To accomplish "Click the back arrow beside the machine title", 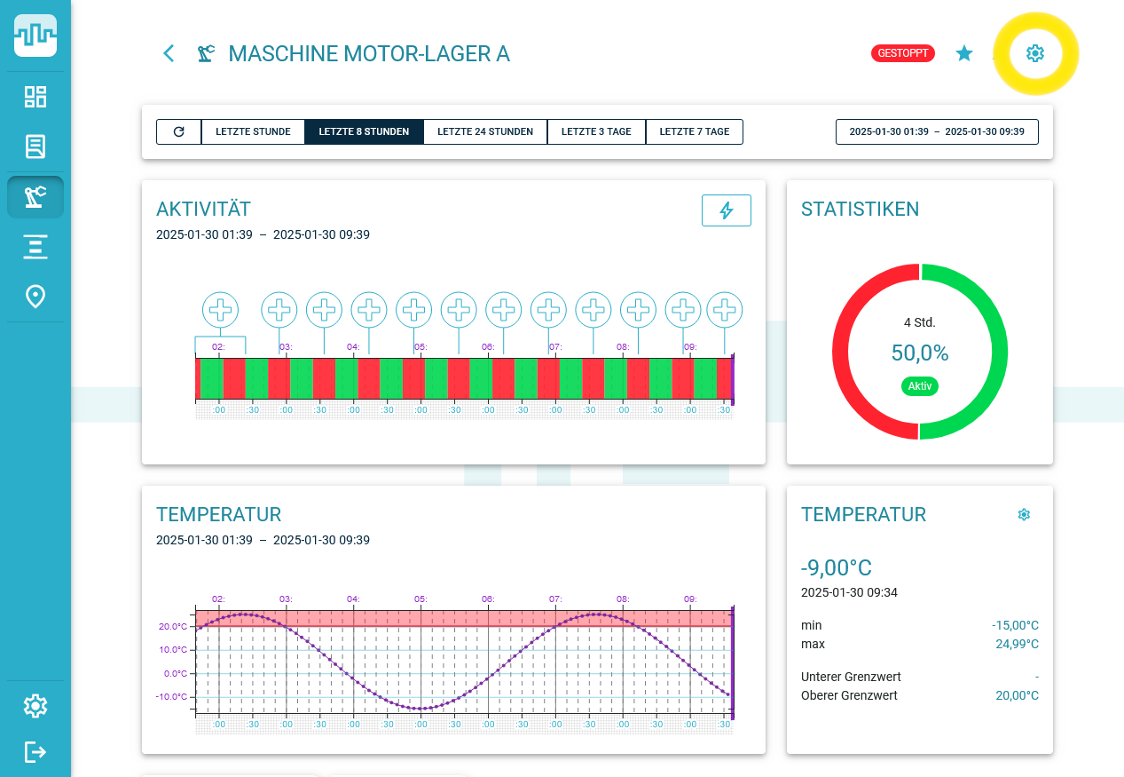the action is click(169, 53).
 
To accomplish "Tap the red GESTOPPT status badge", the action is click(903, 53).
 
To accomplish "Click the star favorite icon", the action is click(964, 53).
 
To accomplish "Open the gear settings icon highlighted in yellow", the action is click(1035, 53).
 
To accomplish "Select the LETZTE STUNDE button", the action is click(253, 131).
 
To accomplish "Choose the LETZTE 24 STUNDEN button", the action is click(485, 131).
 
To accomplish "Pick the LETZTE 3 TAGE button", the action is click(596, 131).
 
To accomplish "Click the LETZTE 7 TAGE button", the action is click(694, 131).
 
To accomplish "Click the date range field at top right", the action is click(937, 131).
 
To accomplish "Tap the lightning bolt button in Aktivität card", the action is click(726, 210).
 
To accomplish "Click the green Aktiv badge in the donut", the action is click(919, 386).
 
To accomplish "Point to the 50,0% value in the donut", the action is click(920, 353).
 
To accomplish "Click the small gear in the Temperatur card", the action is click(1024, 514).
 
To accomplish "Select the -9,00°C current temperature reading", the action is click(836, 568).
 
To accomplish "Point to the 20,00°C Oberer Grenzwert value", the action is click(1017, 695).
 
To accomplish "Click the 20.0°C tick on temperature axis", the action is click(173, 626).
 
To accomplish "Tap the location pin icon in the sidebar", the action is click(35, 297).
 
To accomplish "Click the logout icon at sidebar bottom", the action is click(35, 752).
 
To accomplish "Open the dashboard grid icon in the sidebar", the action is click(35, 97).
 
